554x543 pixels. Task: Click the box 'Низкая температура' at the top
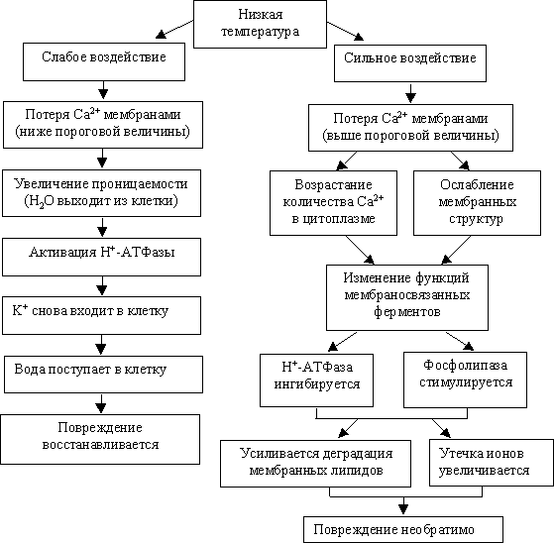click(x=260, y=24)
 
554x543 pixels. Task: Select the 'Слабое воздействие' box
click(x=104, y=61)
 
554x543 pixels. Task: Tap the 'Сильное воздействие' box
click(x=410, y=63)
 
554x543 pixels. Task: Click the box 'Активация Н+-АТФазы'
click(x=102, y=257)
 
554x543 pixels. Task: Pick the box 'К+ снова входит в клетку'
click(x=102, y=315)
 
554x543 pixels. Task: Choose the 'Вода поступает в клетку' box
click(x=103, y=375)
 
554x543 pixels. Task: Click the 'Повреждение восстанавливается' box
click(x=100, y=439)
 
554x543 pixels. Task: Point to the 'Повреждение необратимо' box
click(x=403, y=529)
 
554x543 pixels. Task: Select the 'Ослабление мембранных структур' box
click(x=477, y=203)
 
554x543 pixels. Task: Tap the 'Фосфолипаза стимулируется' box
click(x=466, y=380)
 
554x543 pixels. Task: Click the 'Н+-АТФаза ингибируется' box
click(x=316, y=380)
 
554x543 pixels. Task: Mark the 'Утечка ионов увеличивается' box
click(x=492, y=463)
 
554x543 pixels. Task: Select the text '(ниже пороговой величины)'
click(x=102, y=132)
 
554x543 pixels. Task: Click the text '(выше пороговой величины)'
click(x=410, y=136)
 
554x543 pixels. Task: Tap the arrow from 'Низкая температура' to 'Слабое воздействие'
click(x=174, y=29)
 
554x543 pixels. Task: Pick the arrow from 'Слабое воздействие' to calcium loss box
click(x=103, y=90)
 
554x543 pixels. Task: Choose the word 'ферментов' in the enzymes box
click(x=407, y=312)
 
